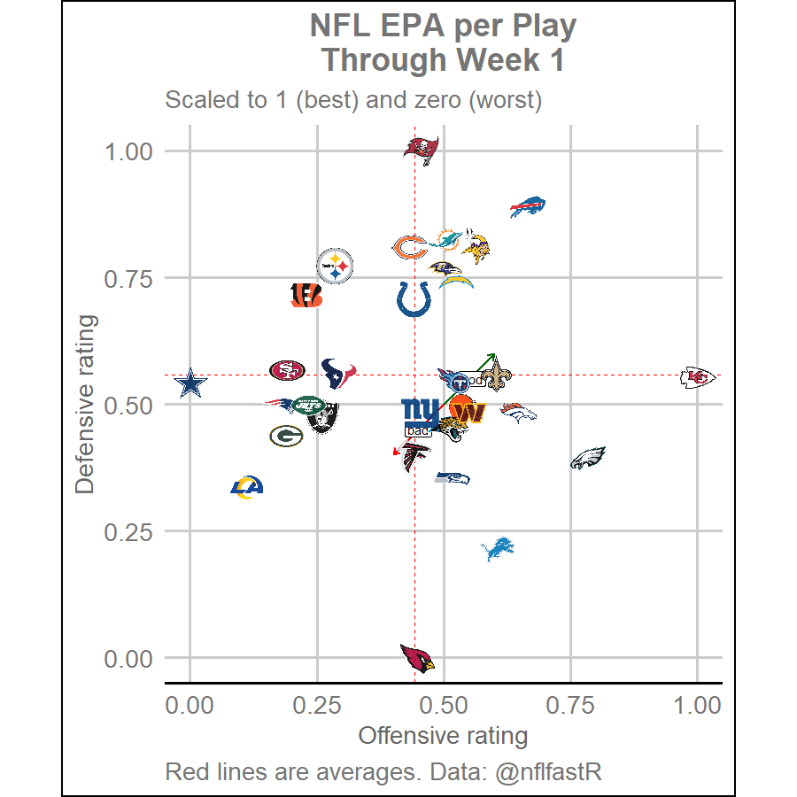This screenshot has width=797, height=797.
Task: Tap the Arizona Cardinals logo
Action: pyautogui.click(x=417, y=658)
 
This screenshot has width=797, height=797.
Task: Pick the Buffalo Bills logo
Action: pyautogui.click(x=528, y=207)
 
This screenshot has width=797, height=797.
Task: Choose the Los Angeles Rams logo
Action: pyautogui.click(x=247, y=486)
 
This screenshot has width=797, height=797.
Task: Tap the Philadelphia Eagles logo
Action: pyautogui.click(x=587, y=458)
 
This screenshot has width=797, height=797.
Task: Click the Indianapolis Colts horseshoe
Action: pyautogui.click(x=414, y=299)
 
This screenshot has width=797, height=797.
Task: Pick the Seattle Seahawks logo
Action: pyautogui.click(x=453, y=478)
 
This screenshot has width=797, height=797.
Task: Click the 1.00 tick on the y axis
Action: pyautogui.click(x=129, y=151)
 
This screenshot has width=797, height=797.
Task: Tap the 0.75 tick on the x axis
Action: pyautogui.click(x=570, y=706)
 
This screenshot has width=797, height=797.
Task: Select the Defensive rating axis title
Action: pyautogui.click(x=86, y=405)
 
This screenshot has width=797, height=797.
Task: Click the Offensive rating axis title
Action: pyautogui.click(x=443, y=736)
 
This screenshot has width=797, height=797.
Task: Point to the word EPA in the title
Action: pyautogui.click(x=414, y=27)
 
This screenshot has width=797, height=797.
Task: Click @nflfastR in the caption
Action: pyautogui.click(x=548, y=771)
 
